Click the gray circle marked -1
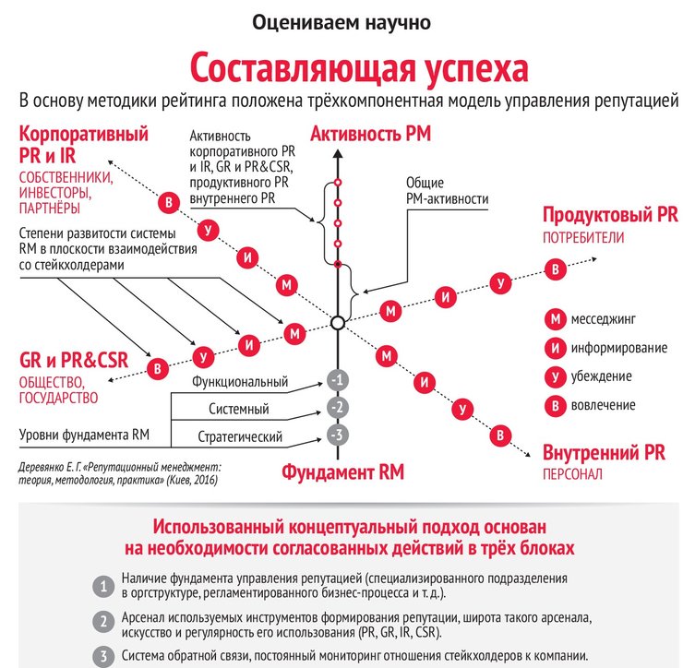339,380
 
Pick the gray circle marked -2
339,408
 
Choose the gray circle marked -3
339,435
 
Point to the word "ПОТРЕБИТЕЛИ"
583,237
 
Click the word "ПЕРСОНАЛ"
572,474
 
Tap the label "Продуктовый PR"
610,216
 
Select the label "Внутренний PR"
604,454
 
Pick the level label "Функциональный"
240,382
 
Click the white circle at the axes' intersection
338,323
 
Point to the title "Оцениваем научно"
341,20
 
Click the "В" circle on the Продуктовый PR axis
554,268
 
